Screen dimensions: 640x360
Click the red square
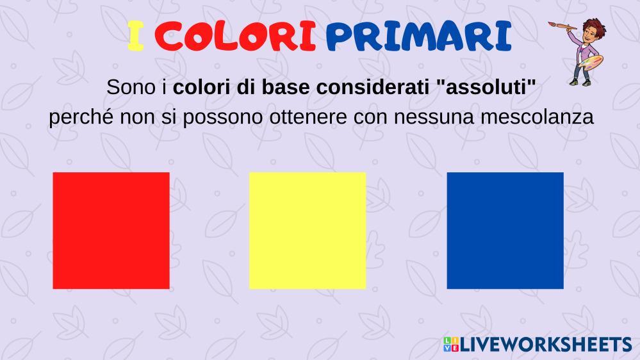coord(111,231)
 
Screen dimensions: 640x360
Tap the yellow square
coord(308,231)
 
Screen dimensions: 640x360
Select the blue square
coord(505,231)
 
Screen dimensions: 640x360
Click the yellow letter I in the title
coord(136,36)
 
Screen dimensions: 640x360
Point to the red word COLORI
coord(236,36)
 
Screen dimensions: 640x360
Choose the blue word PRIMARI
coord(419,36)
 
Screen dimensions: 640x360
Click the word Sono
coord(131,87)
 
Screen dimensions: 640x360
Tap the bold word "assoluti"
coord(486,87)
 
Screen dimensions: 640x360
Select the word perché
coord(81,118)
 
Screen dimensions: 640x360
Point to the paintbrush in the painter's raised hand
coord(562,26)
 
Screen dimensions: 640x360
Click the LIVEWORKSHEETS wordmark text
coord(546,345)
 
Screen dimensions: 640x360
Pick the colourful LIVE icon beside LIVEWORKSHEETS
coord(451,345)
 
